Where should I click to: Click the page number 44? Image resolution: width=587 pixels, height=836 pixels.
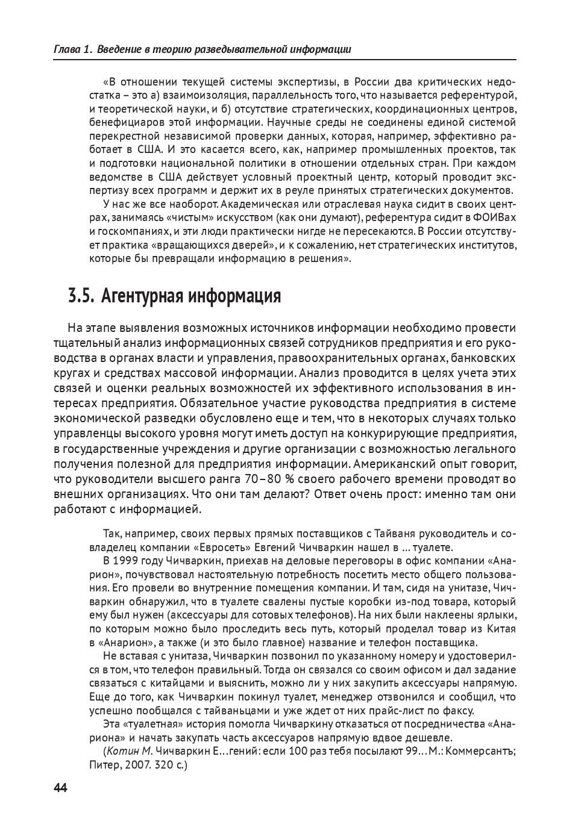click(x=61, y=788)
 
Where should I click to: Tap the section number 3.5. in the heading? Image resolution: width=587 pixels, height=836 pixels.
click(x=81, y=296)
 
